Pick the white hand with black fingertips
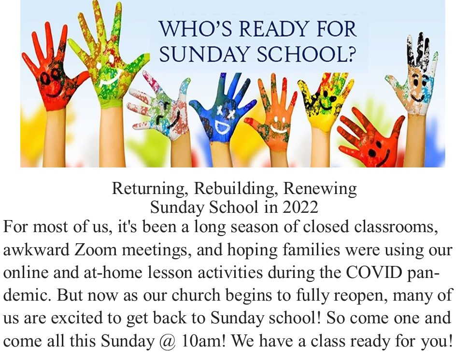415,75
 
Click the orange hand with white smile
273,116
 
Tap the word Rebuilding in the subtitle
236,189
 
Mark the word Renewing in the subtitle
320,189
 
